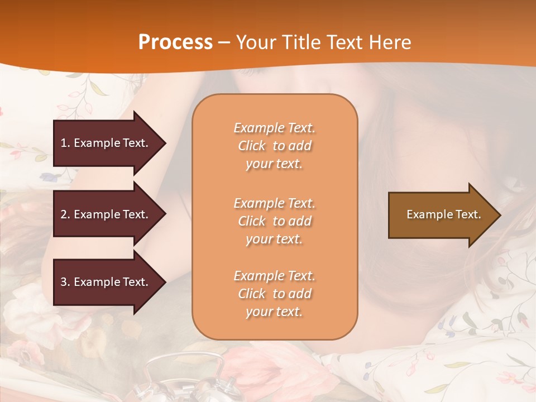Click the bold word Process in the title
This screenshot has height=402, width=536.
coord(175,42)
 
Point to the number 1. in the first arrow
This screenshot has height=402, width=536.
coord(65,143)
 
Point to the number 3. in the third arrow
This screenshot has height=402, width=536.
coord(65,282)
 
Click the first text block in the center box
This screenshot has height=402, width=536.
coord(274,146)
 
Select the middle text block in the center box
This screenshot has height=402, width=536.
coord(274,221)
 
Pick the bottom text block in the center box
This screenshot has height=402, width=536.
coord(274,294)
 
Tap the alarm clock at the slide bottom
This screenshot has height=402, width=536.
coord(184,380)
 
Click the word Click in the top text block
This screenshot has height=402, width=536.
coord(252,146)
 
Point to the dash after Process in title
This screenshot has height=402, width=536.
coord(224,42)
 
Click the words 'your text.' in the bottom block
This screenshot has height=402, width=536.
coord(274,312)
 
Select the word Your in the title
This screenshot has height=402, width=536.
coord(254,42)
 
